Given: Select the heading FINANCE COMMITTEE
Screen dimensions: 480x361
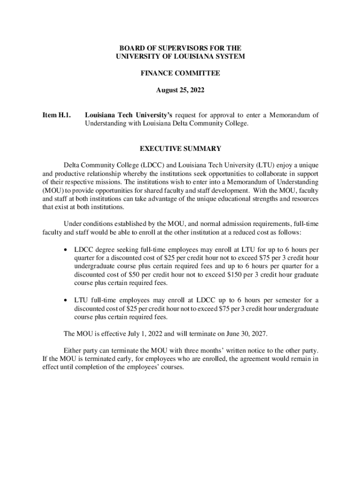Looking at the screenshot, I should click(180, 73).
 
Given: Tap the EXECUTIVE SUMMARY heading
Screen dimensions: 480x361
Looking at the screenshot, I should click(180, 149).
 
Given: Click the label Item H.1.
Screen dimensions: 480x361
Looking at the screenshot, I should click(57, 114).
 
